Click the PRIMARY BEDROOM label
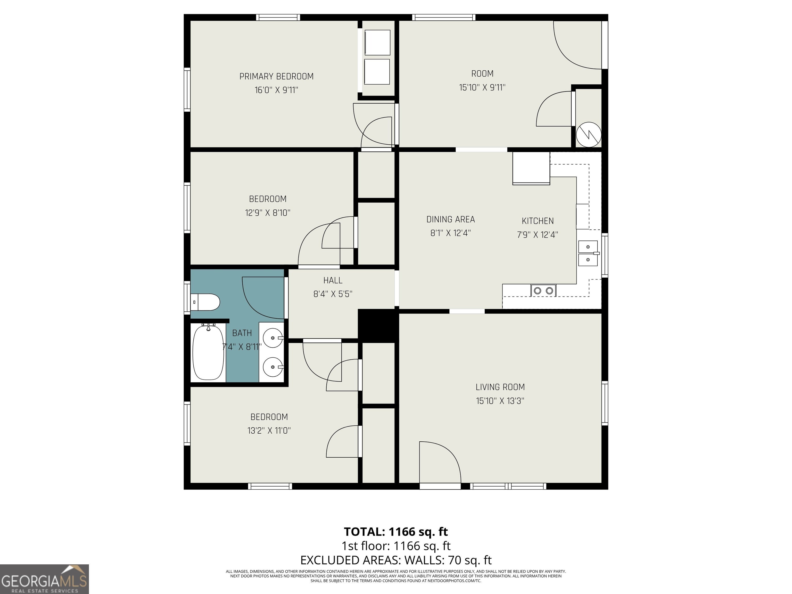pos(276,76)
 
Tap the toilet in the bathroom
pos(205,302)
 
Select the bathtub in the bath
pos(208,352)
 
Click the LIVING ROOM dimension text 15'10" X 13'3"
pos(500,401)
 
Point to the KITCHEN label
pos(538,221)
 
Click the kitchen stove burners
pos(543,290)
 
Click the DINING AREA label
pos(450,219)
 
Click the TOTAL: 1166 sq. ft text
pos(396,531)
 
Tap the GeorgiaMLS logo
pos(44,579)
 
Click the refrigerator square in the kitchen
pos(531,168)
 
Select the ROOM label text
pos(482,73)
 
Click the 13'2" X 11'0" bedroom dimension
pos(269,430)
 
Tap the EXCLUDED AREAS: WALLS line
pos(396,560)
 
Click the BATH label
pos(242,333)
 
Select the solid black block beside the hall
pos(378,325)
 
